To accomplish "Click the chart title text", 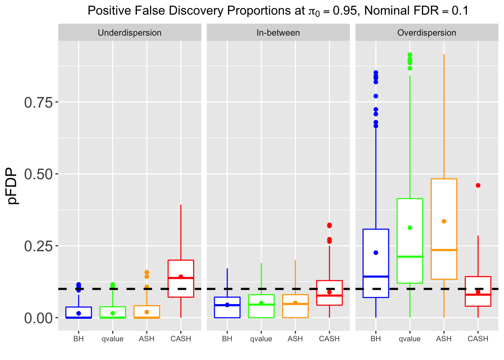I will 278,10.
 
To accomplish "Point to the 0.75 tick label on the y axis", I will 39,102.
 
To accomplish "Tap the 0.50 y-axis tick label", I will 39,174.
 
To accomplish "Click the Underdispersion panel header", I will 129,33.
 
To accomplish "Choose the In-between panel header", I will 278,33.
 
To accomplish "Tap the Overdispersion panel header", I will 427,33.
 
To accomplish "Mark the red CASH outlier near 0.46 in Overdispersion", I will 478,185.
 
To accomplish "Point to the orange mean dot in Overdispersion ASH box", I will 444,221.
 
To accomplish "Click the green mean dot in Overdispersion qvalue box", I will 410,228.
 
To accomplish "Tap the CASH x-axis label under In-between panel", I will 329,339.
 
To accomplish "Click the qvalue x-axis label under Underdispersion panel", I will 112,339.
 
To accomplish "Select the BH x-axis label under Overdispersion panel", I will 376,339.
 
